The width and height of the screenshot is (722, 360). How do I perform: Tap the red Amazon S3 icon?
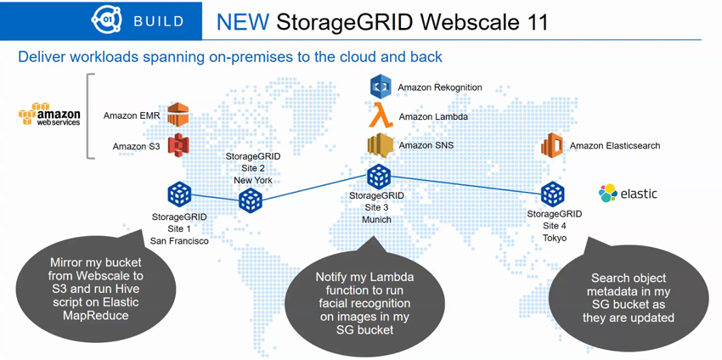tap(178, 145)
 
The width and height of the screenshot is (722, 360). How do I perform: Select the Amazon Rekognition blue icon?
tap(381, 87)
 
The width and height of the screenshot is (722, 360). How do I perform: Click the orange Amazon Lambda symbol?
tap(381, 115)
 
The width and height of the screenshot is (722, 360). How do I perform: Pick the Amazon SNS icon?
tap(380, 145)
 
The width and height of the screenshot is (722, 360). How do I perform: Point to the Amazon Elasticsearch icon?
tap(553, 145)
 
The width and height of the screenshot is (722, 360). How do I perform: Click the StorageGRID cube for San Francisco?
tap(178, 194)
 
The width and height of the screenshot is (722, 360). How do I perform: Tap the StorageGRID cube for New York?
tap(251, 201)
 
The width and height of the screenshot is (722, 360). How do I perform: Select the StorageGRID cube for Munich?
tap(379, 177)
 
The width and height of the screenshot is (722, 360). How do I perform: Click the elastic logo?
tap(628, 193)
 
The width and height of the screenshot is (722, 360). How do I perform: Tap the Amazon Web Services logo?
tap(49, 114)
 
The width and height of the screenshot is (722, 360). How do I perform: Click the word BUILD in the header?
tap(159, 21)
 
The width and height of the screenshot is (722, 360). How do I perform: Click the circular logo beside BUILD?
tap(107, 20)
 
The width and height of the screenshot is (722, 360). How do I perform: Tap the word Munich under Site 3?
tap(376, 220)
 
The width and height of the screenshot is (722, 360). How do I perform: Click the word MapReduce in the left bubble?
tap(95, 315)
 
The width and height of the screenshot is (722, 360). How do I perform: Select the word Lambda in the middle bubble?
tap(391, 278)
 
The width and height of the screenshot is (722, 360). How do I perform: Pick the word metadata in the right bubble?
tap(629, 292)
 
